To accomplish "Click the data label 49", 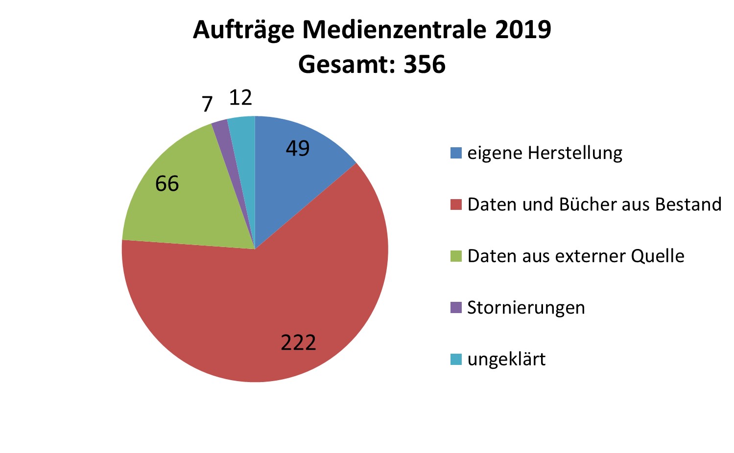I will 298,148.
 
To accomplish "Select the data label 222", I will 298,342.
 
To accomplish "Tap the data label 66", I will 167,184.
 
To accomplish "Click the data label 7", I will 207,104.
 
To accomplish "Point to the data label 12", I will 240,98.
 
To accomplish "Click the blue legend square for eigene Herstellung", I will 456,153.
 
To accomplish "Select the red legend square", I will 456,204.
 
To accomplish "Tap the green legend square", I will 456,256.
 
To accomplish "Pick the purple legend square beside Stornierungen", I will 456,308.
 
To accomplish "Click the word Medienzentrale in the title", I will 394,29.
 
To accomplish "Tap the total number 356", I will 425,65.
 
